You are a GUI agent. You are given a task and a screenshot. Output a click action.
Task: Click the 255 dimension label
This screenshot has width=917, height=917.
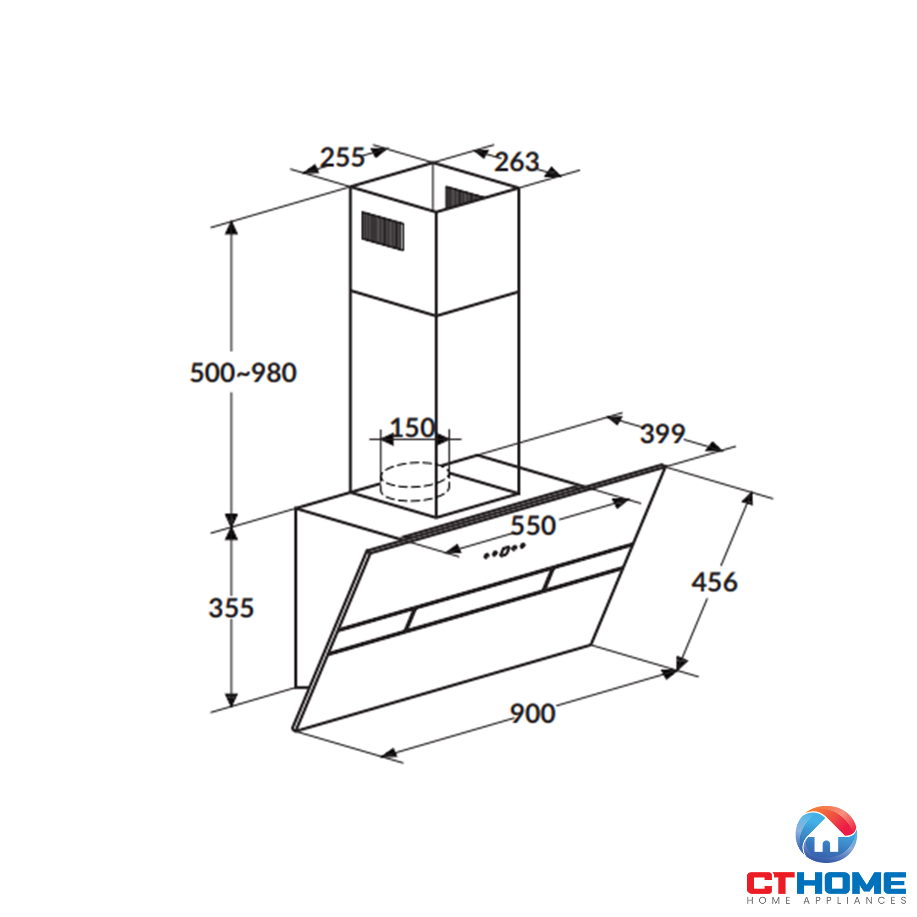coord(342,158)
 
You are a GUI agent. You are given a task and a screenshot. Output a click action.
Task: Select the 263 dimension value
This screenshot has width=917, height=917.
coord(517,162)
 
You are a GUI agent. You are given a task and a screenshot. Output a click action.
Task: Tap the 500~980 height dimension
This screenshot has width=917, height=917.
coord(243,373)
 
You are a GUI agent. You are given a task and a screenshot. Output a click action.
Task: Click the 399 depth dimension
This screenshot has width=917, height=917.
coord(663,433)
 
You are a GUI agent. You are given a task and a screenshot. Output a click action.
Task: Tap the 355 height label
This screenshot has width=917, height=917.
coord(231,608)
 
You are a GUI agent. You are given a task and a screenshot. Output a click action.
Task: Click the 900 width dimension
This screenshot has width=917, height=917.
coord(532,713)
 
